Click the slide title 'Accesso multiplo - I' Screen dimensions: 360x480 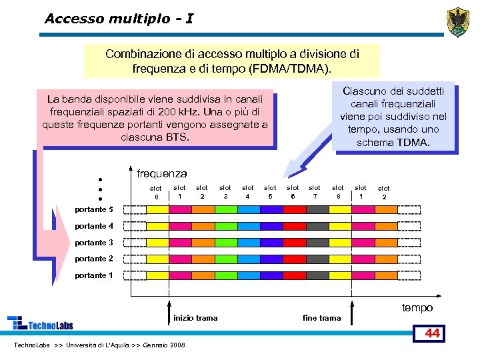pyautogui.click(x=119, y=19)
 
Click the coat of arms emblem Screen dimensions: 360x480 pyautogui.click(x=459, y=21)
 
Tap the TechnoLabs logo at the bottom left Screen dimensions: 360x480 pyautogui.click(x=40, y=323)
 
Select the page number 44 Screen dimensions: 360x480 pyautogui.click(x=433, y=333)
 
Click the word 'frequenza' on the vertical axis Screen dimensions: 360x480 pyautogui.click(x=161, y=174)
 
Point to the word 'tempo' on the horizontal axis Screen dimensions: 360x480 pyautogui.click(x=417, y=307)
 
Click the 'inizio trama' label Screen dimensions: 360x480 pyautogui.click(x=195, y=318)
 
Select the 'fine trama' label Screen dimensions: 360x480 pyautogui.click(x=321, y=318)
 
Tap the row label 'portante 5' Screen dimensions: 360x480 pyautogui.click(x=89, y=209)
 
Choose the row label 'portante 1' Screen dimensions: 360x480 pyautogui.click(x=89, y=275)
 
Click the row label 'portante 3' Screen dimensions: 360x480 pyautogui.click(x=89, y=243)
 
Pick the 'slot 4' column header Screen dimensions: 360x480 pyautogui.click(x=248, y=192)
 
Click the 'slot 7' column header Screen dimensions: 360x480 pyautogui.click(x=315, y=192)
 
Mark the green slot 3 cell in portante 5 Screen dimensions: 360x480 pyautogui.click(x=225, y=209)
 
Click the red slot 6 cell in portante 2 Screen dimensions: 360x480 pyautogui.click(x=293, y=259)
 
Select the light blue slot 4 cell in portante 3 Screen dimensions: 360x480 pyautogui.click(x=248, y=243)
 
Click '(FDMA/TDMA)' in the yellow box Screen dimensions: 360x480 pyautogui.click(x=297, y=69)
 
